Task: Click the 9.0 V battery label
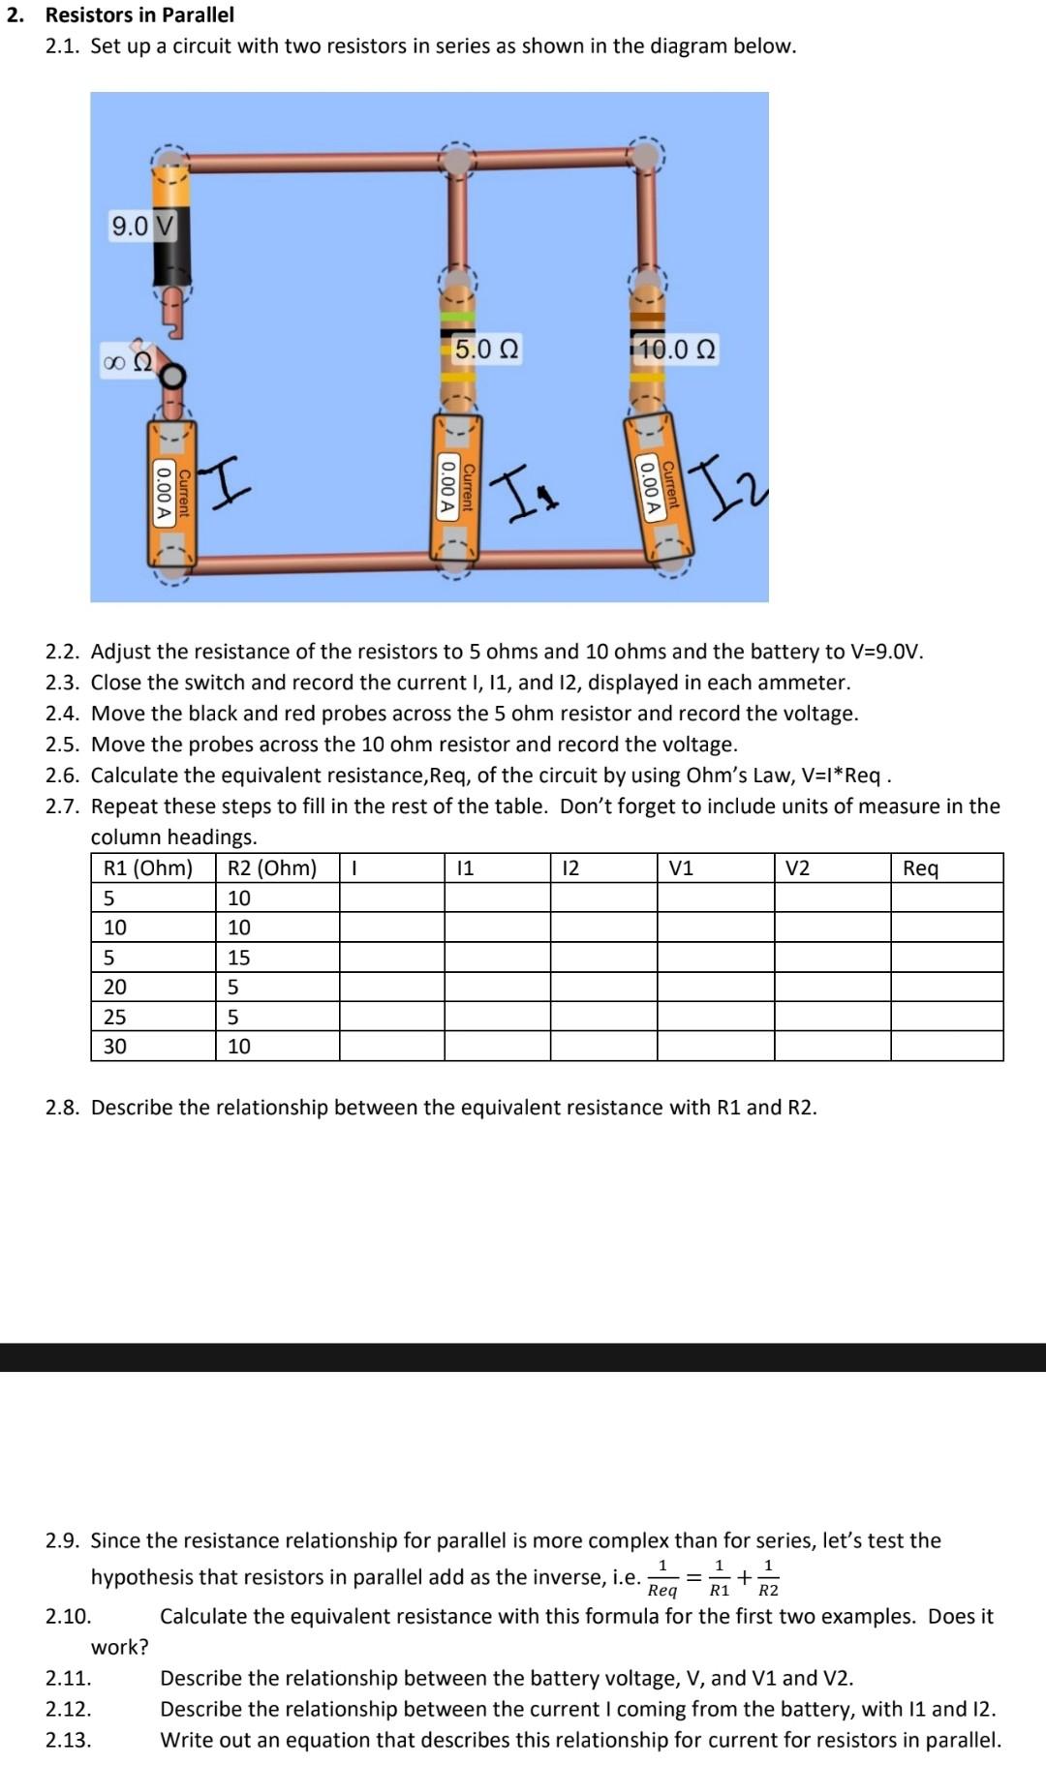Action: tap(143, 227)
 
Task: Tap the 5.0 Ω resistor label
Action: tap(487, 349)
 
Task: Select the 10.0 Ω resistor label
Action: tap(677, 350)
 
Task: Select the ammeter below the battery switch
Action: tap(171, 494)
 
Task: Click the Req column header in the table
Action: tap(920, 868)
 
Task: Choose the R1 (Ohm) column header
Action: tap(148, 868)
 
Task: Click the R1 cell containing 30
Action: tap(114, 1047)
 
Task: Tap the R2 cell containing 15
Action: tap(238, 958)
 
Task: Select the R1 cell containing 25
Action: tap(114, 1017)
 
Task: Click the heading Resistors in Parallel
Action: tap(139, 15)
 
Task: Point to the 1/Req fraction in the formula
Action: tap(662, 1577)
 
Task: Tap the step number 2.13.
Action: tap(68, 1740)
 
